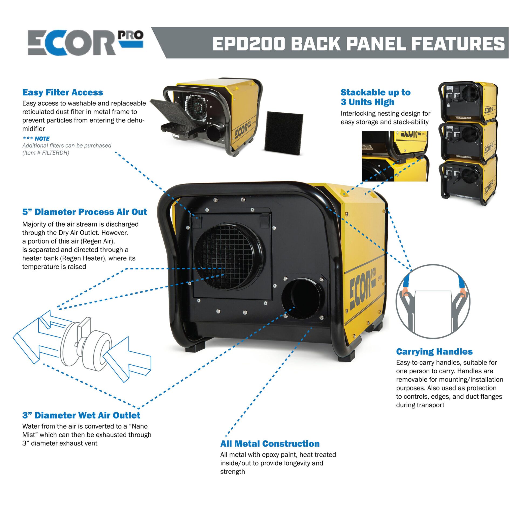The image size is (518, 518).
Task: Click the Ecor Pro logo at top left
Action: (x=85, y=43)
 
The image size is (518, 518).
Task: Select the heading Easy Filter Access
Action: (x=63, y=92)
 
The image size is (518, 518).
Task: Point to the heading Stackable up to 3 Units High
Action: (x=375, y=97)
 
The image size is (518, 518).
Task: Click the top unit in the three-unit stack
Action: (x=468, y=101)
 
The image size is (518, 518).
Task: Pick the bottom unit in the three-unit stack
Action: (x=468, y=179)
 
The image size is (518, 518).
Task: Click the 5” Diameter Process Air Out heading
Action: (x=84, y=212)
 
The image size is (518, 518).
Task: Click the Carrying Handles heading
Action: (x=434, y=352)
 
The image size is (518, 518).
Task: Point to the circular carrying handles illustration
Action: (x=433, y=301)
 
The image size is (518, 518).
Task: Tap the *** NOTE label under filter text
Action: (x=36, y=139)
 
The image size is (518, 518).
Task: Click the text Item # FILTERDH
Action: (x=46, y=153)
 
